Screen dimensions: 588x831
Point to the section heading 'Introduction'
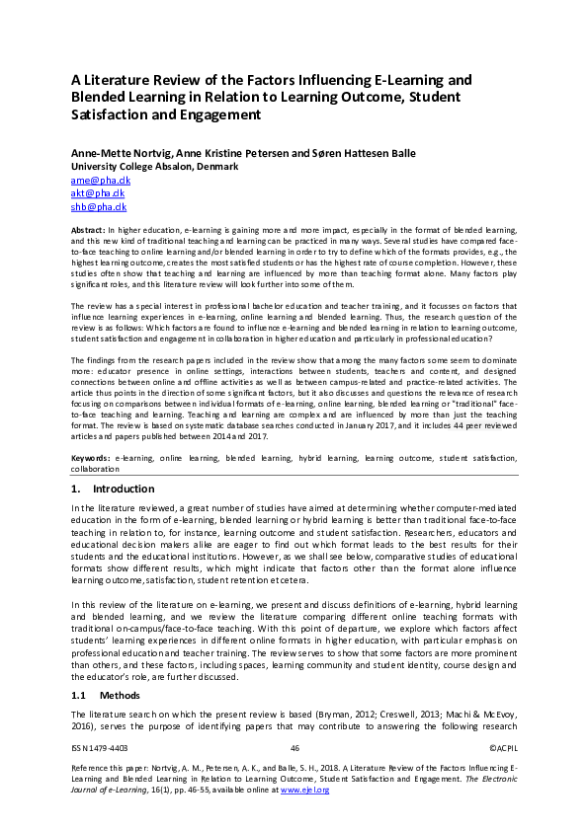(x=123, y=490)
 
